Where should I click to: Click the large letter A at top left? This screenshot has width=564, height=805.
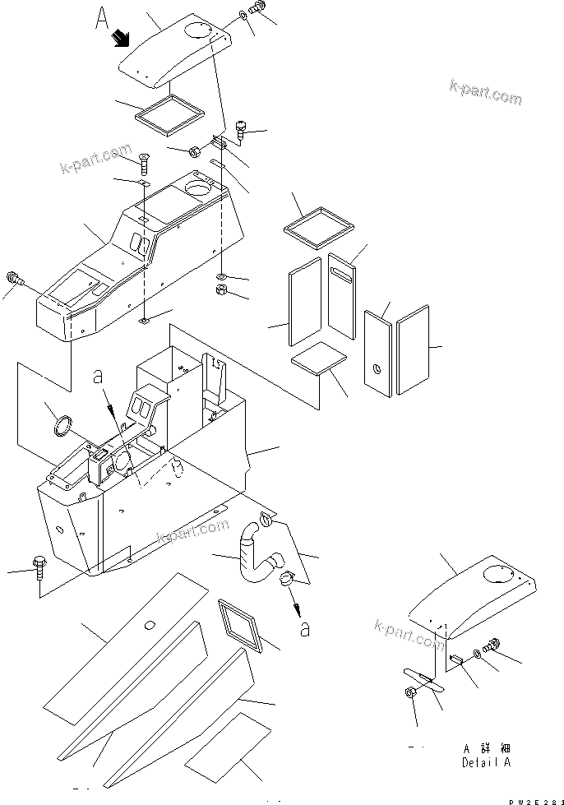[x=102, y=19]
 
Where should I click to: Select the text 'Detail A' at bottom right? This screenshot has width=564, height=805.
[x=485, y=762]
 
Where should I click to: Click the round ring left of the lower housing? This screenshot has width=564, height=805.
[x=62, y=426]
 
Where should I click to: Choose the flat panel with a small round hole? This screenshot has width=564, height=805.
[x=379, y=352]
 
